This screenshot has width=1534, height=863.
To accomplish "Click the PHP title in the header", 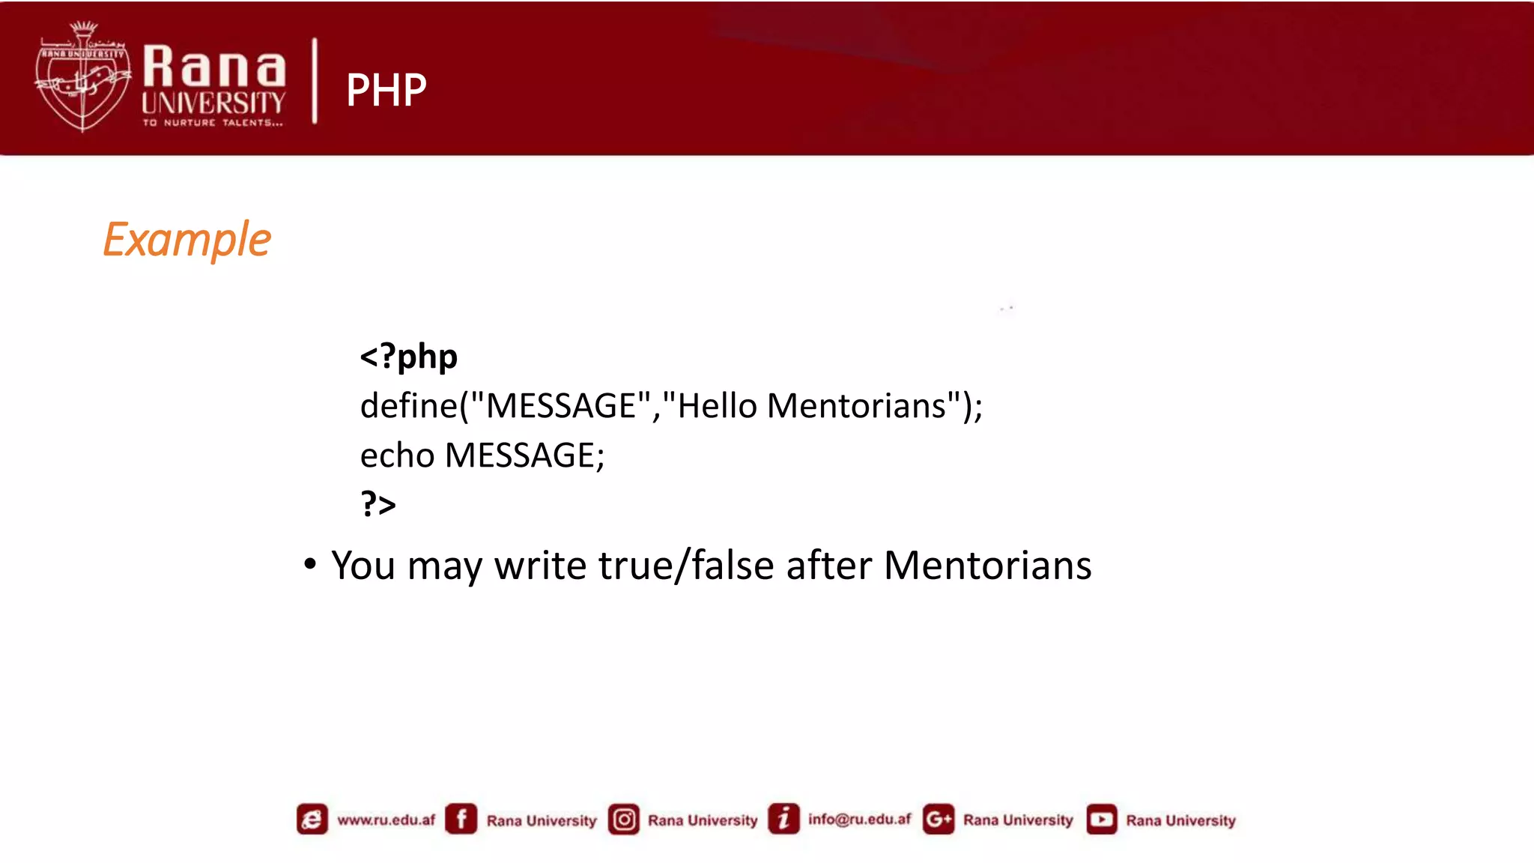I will point(386,90).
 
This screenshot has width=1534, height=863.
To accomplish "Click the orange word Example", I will point(187,240).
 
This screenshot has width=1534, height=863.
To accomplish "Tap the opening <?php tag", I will point(408,357).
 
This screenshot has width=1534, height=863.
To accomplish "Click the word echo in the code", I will point(397,455).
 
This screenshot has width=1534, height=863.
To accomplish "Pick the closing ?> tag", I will point(378,504).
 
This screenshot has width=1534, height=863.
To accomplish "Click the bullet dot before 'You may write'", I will point(310,563).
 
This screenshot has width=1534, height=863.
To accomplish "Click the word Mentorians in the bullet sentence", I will point(987,565).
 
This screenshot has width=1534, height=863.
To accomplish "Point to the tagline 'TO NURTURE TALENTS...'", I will point(213,123).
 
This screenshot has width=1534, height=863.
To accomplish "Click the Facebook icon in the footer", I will point(461,819).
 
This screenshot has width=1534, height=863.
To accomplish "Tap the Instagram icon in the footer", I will point(624,819).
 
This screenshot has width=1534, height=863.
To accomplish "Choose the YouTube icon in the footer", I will point(1101,819).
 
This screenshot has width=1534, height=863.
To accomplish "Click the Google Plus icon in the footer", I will point(939,819).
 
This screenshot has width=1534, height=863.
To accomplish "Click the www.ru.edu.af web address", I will point(386,820).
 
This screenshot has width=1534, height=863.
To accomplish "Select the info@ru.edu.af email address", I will point(859,820).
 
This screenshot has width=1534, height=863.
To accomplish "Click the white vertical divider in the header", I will point(315,81).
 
